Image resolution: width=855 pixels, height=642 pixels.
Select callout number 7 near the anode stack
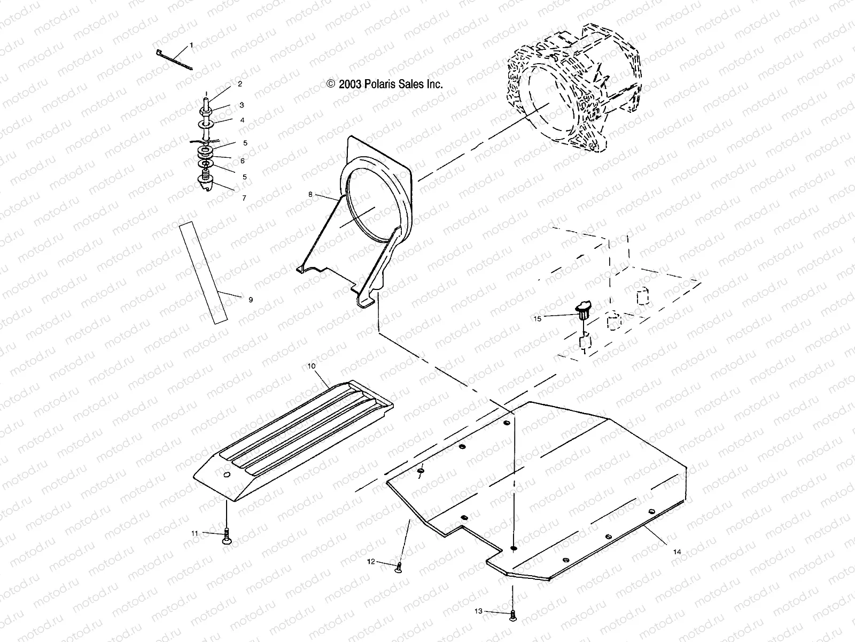pos(244,198)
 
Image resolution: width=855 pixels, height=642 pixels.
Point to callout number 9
pos(251,300)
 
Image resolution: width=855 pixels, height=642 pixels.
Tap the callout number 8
pos(310,195)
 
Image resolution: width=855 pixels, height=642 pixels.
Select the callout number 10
pos(312,366)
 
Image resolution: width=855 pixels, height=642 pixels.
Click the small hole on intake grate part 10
pos(226,475)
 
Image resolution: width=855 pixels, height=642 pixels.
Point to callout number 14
pos(677,551)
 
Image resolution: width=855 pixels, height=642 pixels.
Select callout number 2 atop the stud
pos(240,84)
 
